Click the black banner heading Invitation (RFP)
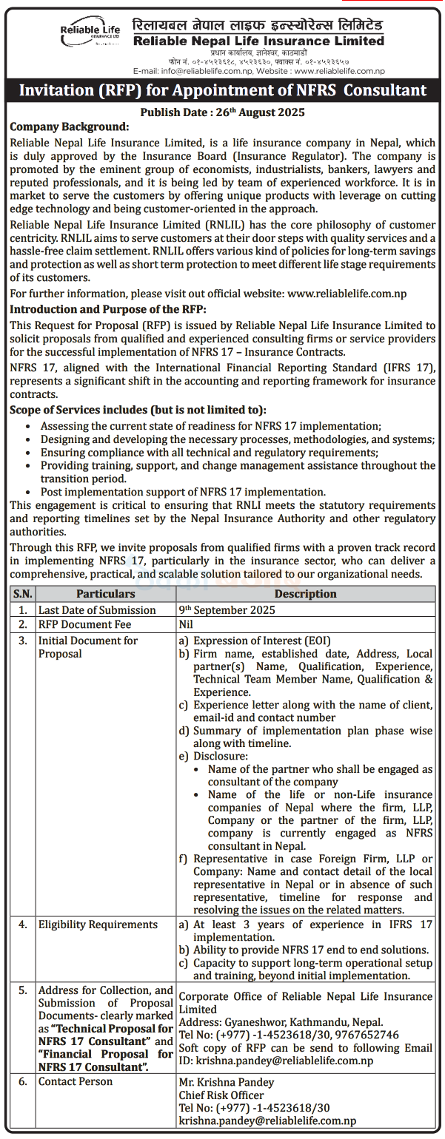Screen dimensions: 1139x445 click(x=222, y=90)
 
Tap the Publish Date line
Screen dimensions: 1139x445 click(x=222, y=112)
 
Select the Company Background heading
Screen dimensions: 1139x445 click(x=70, y=126)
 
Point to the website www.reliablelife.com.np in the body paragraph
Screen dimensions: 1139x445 click(x=347, y=293)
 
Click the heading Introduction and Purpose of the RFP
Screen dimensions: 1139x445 click(x=108, y=308)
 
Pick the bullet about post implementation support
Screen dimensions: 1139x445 click(x=182, y=492)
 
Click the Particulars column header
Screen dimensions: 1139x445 click(x=105, y=594)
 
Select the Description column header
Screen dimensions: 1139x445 click(x=305, y=594)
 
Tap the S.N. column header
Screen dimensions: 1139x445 click(x=23, y=594)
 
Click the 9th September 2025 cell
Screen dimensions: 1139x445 click(x=227, y=609)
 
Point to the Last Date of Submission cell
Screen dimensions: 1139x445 click(x=97, y=609)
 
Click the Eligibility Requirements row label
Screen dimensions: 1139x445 click(x=98, y=925)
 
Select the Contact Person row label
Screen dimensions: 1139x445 click(x=76, y=1081)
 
